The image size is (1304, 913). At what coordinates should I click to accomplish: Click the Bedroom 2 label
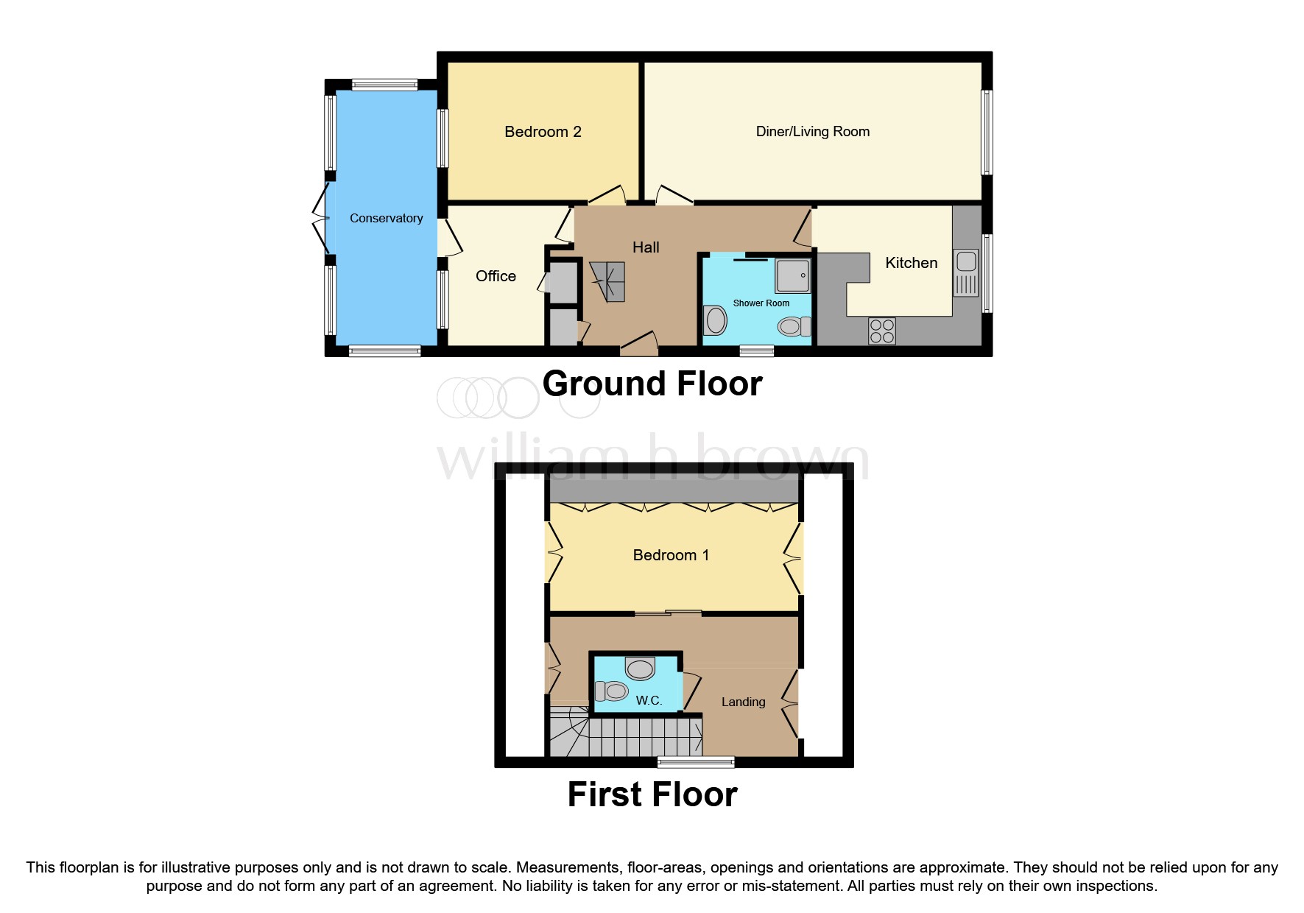point(543,132)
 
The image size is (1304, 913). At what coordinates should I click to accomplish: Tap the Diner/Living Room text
point(812,132)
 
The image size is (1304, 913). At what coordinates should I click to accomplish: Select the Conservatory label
point(386,218)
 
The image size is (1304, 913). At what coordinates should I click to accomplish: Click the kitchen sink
point(966,272)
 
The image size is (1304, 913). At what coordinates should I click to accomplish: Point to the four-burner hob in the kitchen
point(882,331)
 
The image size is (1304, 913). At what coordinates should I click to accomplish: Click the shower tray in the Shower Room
point(793,275)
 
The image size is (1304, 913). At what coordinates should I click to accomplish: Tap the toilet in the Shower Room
point(794,326)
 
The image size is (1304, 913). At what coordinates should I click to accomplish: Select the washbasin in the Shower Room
point(715,320)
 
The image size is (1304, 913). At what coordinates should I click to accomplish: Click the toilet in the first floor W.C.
point(611,691)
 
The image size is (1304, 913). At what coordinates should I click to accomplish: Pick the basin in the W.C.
point(640,669)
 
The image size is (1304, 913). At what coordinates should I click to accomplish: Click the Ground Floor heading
point(652,384)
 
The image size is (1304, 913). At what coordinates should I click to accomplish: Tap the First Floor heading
point(652,794)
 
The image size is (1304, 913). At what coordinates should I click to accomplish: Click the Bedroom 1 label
point(671,555)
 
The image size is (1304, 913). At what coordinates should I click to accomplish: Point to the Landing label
point(743,702)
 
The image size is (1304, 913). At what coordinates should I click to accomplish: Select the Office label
point(496,276)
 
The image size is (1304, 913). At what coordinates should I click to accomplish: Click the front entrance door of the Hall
point(639,343)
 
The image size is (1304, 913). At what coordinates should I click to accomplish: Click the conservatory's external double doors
point(320,219)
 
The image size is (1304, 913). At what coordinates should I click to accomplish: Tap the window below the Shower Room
point(756,351)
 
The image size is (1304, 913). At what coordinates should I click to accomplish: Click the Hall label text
point(646,247)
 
